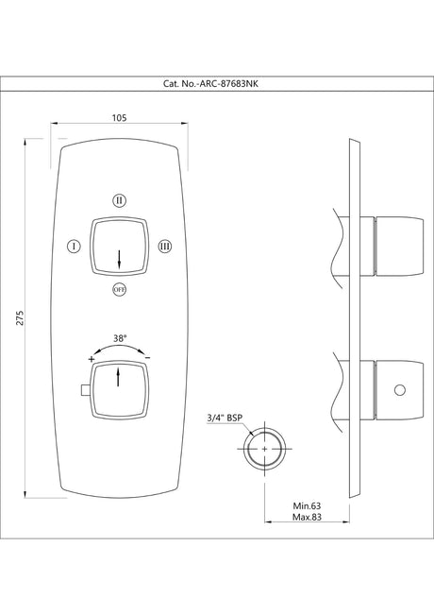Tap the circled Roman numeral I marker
coord(73,247)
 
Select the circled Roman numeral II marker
coord(119,200)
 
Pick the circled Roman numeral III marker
coord(165,247)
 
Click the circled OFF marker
coord(119,289)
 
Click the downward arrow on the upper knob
coord(119,257)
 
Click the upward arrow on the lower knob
coord(119,378)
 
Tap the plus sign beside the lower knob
coord(92,360)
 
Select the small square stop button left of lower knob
coord(85,390)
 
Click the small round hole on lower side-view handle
coord(398,389)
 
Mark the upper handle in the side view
coord(395,244)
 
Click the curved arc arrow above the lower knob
coord(119,348)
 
